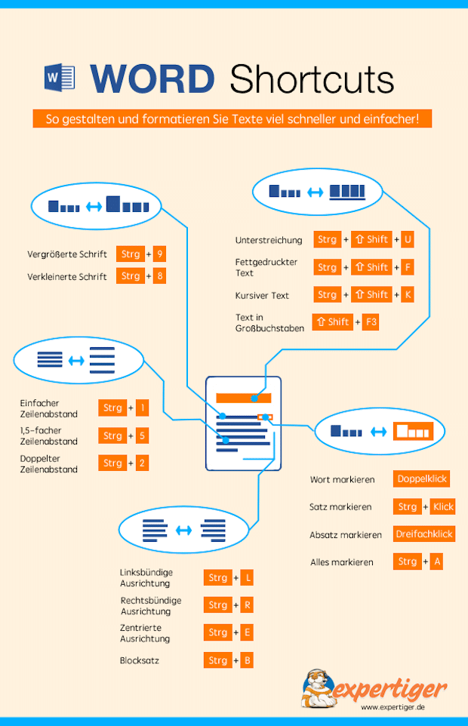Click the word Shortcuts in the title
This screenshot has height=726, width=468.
[312, 78]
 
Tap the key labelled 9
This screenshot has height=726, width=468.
[160, 254]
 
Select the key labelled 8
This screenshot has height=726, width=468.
[159, 276]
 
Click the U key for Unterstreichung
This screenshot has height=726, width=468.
[408, 240]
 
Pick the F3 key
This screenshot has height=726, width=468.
[371, 322]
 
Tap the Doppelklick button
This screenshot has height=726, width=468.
[422, 479]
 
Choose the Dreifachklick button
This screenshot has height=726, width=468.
[423, 534]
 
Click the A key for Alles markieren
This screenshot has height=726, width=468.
[436, 561]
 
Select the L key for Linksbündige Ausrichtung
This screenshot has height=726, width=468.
[247, 578]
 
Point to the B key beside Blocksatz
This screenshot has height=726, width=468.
[246, 660]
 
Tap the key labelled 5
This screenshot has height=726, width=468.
[142, 436]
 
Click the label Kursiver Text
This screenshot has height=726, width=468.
[262, 295]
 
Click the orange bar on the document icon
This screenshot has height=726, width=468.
[242, 398]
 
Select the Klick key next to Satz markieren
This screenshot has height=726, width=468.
[443, 507]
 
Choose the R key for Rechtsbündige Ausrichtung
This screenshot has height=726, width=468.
[246, 605]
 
